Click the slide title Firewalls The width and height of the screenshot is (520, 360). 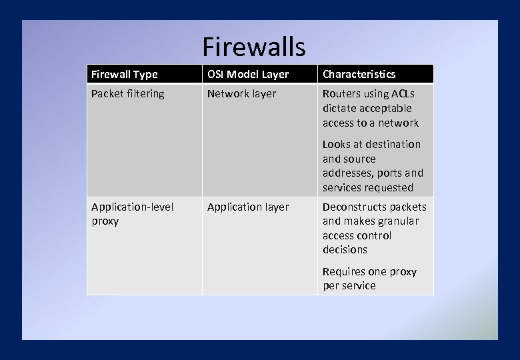click(x=254, y=47)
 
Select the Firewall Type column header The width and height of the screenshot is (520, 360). click(x=124, y=74)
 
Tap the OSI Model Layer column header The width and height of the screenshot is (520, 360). click(x=247, y=74)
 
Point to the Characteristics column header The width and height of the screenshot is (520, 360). click(x=359, y=74)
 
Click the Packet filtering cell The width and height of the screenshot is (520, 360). click(x=127, y=94)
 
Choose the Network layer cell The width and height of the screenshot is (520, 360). click(x=241, y=94)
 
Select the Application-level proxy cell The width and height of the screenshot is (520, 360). click(x=132, y=213)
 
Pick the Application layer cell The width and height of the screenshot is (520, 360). click(x=248, y=207)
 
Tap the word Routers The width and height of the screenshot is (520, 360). click(x=341, y=94)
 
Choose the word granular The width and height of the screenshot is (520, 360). click(x=399, y=221)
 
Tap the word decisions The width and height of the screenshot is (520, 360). click(x=345, y=250)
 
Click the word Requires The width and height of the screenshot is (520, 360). click(x=343, y=272)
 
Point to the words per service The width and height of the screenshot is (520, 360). click(x=349, y=286)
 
